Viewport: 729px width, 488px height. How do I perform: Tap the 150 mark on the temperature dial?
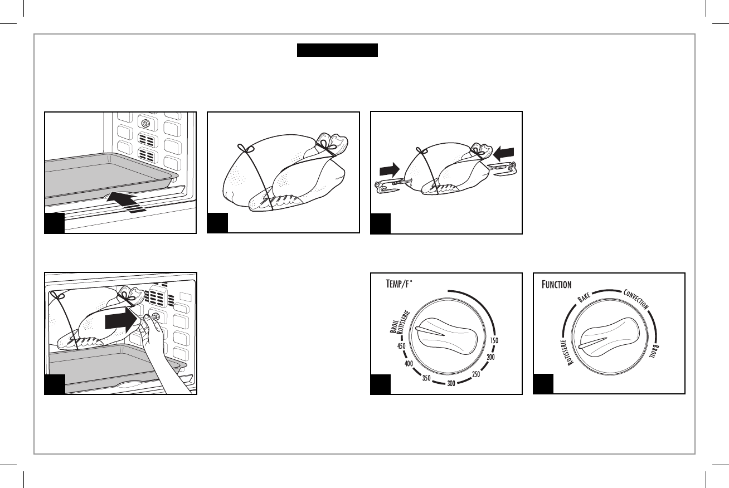493,340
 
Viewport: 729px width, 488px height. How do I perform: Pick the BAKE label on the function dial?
584,300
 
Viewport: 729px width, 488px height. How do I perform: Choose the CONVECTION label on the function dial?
635,299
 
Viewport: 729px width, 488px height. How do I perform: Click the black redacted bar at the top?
337,51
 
